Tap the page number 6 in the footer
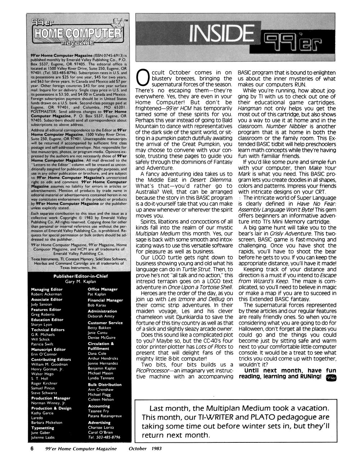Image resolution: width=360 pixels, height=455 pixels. click(x=32, y=449)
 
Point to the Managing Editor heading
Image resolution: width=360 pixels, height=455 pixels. click(x=47, y=289)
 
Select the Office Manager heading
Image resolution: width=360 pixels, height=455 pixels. click(x=103, y=289)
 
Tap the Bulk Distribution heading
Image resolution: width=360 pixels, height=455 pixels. click(x=105, y=384)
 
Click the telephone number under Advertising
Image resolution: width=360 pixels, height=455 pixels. click(x=104, y=437)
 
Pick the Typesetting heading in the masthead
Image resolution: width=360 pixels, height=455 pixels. click(x=42, y=428)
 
